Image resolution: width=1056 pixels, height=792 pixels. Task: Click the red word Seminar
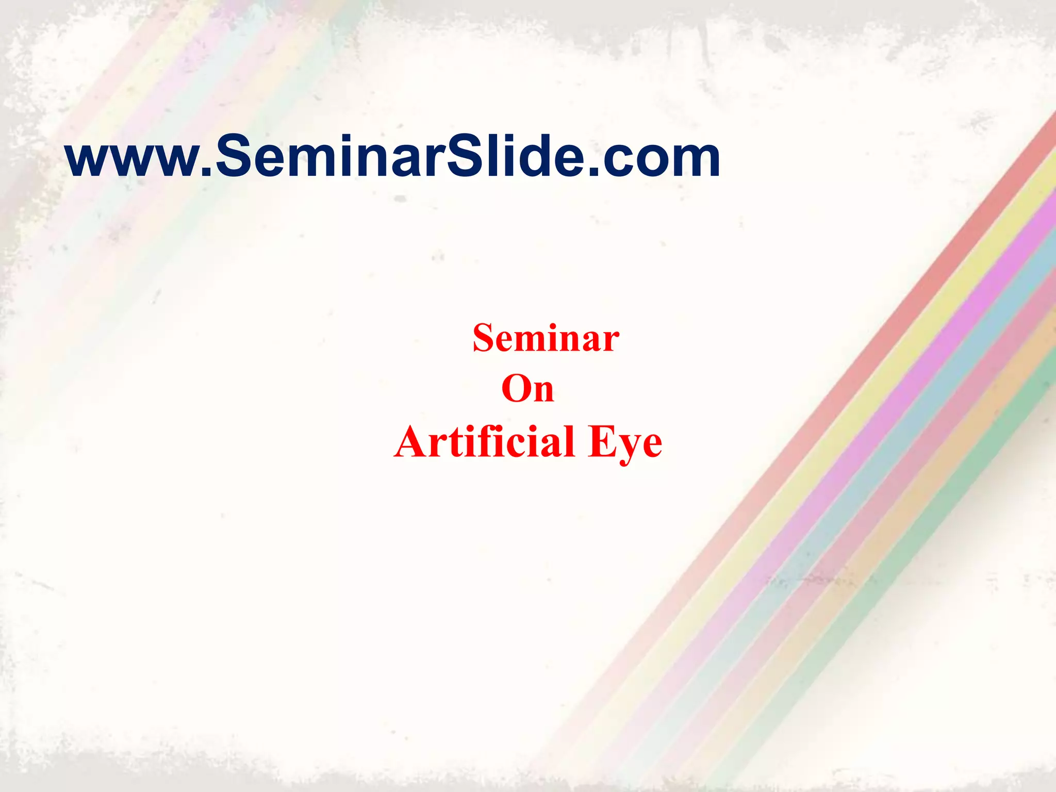[546, 338]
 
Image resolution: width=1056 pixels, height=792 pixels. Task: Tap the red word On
[527, 389]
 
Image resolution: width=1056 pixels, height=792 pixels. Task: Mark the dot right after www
[206, 173]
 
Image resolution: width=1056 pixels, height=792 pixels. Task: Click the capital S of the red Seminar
[485, 338]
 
